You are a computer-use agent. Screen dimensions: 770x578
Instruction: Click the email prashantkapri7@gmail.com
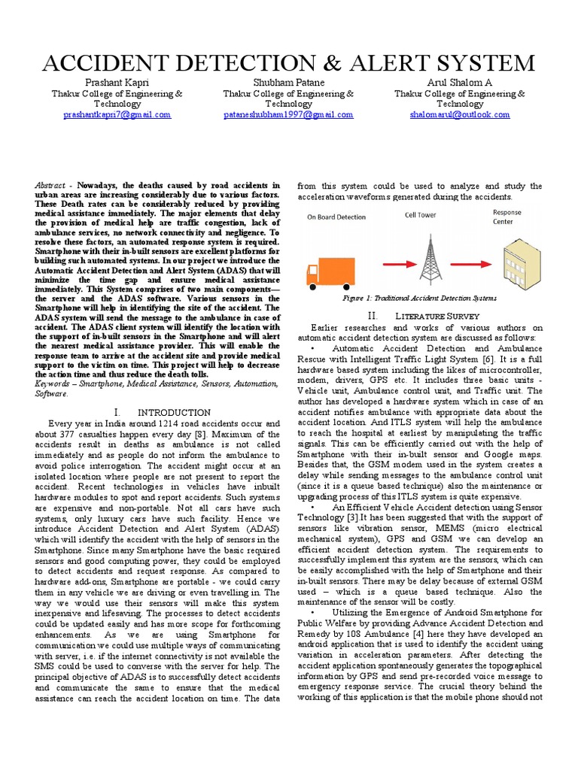click(117, 115)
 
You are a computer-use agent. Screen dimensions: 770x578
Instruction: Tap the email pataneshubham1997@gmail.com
click(288, 115)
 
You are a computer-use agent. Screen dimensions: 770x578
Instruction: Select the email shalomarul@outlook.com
click(460, 115)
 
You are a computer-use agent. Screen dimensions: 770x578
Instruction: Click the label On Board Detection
click(336, 217)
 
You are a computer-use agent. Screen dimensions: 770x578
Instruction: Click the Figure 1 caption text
click(419, 299)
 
